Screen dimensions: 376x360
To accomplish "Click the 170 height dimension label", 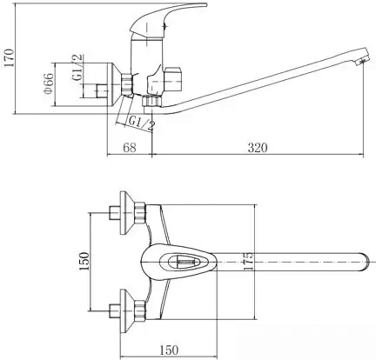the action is click(10, 57).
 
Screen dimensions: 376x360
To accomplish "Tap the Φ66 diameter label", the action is click(49, 83).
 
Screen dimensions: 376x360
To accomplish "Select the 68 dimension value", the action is click(130, 148).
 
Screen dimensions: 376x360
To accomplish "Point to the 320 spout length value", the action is click(258, 148).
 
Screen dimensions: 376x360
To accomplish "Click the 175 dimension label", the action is click(248, 261).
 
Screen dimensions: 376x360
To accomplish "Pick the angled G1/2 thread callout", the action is click(142, 123).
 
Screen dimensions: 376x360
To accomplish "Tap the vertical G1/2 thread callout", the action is click(77, 69).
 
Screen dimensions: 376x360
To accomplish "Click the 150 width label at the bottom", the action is click(169, 350).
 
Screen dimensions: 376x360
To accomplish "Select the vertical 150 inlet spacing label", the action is click(84, 261).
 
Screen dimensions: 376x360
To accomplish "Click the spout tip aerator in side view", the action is click(362, 60).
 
